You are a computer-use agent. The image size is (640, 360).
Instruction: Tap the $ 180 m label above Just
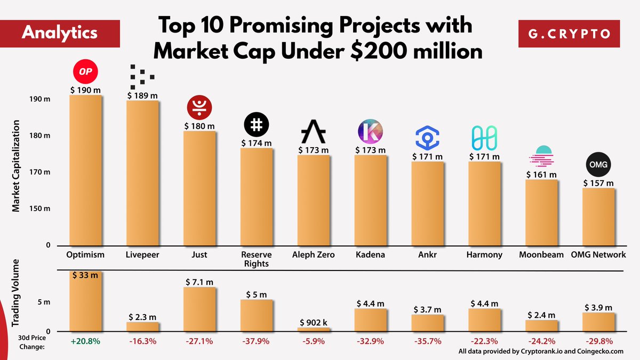(x=199, y=126)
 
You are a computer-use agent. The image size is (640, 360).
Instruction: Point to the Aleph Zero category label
(x=314, y=254)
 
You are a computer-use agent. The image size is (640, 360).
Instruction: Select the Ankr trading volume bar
(x=427, y=323)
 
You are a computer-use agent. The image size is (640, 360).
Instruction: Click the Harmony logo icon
(x=484, y=138)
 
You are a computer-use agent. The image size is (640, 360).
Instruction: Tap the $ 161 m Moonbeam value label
(x=541, y=174)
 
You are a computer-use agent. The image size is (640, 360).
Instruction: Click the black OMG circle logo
(x=598, y=165)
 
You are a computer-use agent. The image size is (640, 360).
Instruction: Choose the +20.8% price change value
(x=85, y=341)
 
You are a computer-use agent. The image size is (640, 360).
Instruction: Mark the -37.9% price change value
(x=257, y=341)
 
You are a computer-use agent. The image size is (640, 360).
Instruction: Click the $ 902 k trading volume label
(x=314, y=322)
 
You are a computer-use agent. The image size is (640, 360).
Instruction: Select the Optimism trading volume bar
(x=85, y=301)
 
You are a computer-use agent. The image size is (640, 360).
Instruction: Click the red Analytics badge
(x=59, y=32)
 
